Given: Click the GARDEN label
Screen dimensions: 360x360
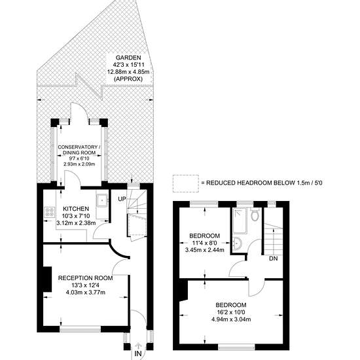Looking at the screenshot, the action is click(x=128, y=58).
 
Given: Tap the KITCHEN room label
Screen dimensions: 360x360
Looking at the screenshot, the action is click(x=76, y=209).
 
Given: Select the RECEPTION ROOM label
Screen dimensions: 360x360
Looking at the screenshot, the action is click(x=85, y=278).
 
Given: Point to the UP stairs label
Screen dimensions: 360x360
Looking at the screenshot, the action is click(x=122, y=199).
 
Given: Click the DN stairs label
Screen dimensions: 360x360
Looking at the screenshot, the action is click(x=273, y=259).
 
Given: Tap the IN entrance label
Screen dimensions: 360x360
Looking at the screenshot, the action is click(x=138, y=353).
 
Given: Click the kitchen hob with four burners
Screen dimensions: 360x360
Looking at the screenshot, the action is click(x=50, y=212).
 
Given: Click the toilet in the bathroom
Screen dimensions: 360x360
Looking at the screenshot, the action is click(x=255, y=215).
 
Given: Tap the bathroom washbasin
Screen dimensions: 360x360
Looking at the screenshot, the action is click(x=237, y=244).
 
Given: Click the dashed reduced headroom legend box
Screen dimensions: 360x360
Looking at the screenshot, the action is click(x=186, y=183).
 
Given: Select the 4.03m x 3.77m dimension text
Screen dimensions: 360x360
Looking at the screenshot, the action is click(x=85, y=293).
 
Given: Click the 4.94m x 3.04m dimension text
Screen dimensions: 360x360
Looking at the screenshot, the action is click(x=231, y=319).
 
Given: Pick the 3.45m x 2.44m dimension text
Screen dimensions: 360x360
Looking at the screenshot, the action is click(x=205, y=250).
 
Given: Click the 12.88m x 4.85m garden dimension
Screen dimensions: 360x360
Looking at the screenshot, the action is click(x=128, y=71).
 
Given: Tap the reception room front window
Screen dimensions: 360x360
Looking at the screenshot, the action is click(x=80, y=329).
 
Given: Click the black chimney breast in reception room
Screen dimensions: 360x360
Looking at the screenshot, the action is click(x=48, y=279).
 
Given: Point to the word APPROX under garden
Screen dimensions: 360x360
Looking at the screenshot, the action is click(x=128, y=79).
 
